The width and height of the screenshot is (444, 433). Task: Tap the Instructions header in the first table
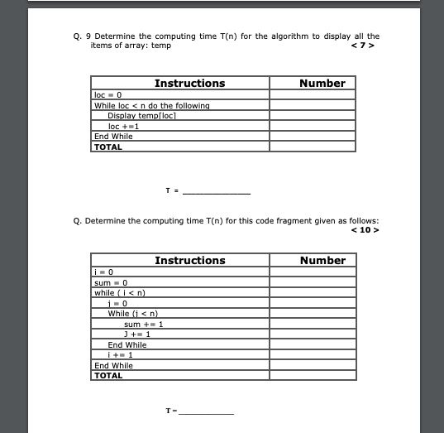click(x=189, y=83)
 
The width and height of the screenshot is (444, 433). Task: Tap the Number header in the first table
click(x=322, y=83)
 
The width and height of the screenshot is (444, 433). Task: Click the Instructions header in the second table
click(x=189, y=260)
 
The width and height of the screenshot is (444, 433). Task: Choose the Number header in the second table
click(x=322, y=260)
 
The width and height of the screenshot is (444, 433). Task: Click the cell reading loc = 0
click(x=108, y=96)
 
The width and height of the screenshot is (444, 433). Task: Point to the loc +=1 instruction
click(x=123, y=126)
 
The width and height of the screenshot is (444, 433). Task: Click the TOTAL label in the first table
click(x=108, y=147)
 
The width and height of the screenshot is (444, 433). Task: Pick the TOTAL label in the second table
click(x=108, y=375)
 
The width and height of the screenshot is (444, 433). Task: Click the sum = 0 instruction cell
click(x=109, y=283)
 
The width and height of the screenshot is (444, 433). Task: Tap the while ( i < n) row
click(x=121, y=293)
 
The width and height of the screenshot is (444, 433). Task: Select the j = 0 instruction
click(x=117, y=303)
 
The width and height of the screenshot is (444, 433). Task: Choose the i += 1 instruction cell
click(x=122, y=354)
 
